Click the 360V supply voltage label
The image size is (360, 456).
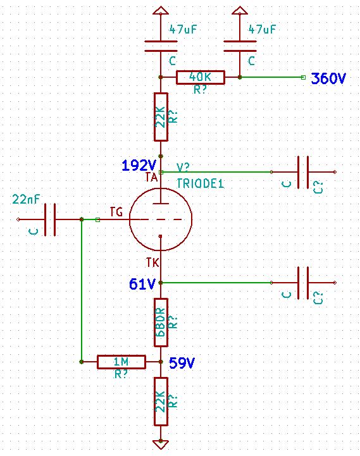[x=328, y=78]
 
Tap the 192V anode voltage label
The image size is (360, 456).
[x=139, y=166]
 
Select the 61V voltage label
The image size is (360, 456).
[x=142, y=284]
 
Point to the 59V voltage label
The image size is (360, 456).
[x=182, y=362]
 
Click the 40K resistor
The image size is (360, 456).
[x=201, y=77]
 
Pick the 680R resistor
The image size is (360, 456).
[x=161, y=322]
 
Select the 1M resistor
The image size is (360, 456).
[x=121, y=362]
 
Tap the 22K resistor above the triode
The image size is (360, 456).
[x=161, y=117]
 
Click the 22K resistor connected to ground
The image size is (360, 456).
[x=161, y=402]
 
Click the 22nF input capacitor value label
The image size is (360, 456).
[x=26, y=199]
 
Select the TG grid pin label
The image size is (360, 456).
[x=116, y=212]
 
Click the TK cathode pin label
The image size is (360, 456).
[x=152, y=262]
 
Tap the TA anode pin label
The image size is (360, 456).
[x=152, y=177]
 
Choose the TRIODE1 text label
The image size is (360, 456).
[x=201, y=183]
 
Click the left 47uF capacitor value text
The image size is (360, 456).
[x=183, y=29]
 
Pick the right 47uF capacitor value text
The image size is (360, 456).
[x=262, y=29]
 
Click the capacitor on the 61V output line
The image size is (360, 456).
[x=303, y=283]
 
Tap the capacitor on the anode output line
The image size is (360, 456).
[x=303, y=172]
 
